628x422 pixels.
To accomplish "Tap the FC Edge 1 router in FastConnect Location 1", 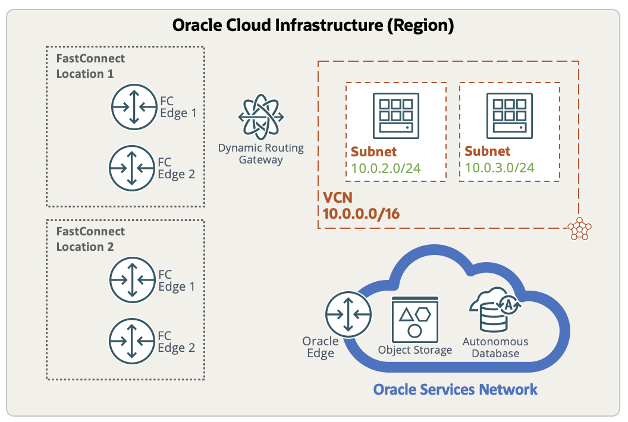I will [133, 107].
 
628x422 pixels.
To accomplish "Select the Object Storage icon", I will [415, 319].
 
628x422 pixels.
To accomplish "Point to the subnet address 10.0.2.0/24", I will [385, 168].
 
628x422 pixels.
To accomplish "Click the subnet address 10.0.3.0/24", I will [500, 168].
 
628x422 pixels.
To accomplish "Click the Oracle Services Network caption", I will [455, 390].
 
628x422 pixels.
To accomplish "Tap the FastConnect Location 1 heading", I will [90, 66].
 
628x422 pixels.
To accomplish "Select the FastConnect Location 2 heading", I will [90, 239].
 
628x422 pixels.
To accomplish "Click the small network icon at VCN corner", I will [579, 229].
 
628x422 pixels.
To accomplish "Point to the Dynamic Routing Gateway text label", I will [261, 153].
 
